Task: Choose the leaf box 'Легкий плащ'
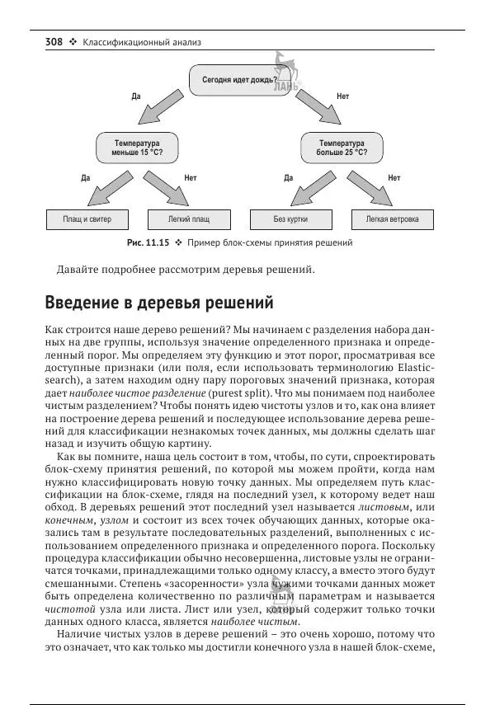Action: point(189,220)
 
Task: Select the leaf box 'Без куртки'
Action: point(291,220)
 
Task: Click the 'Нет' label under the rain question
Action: point(342,96)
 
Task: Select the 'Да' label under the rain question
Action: point(137,96)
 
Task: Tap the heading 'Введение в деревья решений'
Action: point(158,302)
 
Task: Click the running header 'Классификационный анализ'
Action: point(142,41)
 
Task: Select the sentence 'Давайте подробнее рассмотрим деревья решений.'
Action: point(186,270)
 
